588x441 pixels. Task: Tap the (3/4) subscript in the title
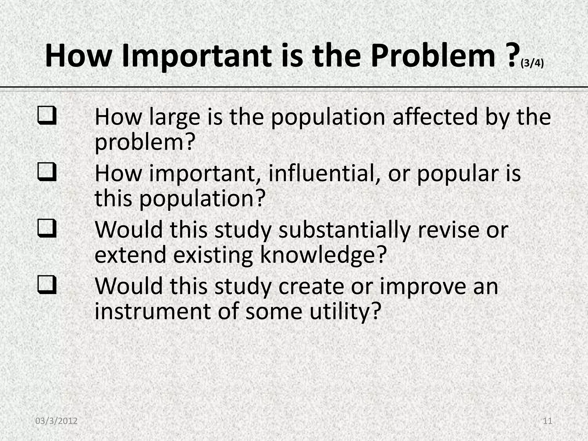tap(532, 63)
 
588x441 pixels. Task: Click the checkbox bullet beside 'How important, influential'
tap(47, 173)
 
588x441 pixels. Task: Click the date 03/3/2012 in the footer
tap(57, 421)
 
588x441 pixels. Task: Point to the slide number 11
tap(548, 421)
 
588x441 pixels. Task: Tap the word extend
tap(130, 255)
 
